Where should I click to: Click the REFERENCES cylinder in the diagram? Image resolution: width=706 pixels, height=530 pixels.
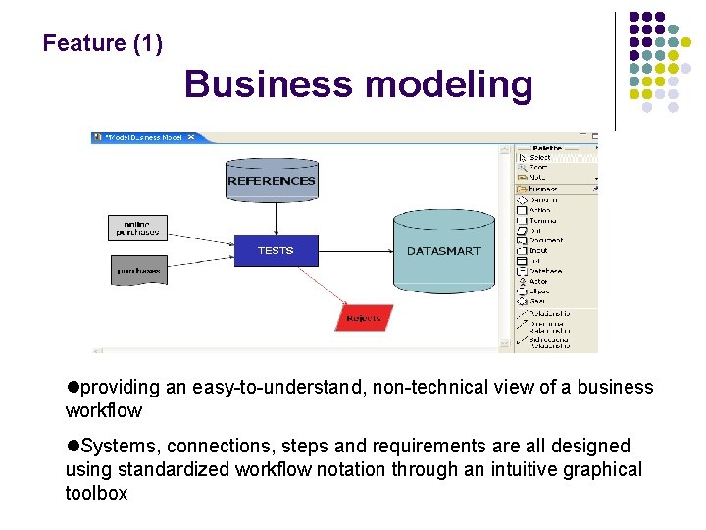[272, 180]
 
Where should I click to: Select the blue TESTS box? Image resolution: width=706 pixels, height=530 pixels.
[276, 250]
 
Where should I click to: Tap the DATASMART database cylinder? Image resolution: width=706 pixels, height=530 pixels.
[443, 250]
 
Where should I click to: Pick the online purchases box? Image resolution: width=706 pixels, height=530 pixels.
[137, 228]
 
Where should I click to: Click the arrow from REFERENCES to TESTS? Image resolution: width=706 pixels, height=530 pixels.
[274, 219]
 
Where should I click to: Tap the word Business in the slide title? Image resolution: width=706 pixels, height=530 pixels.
[268, 84]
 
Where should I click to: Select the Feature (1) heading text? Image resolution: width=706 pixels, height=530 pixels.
[103, 44]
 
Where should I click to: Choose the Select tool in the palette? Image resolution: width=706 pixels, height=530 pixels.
[540, 157]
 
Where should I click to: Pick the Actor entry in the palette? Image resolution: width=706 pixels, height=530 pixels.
[539, 281]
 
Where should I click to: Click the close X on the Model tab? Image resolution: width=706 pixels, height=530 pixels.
[191, 138]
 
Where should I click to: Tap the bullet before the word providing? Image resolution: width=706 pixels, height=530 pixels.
[72, 387]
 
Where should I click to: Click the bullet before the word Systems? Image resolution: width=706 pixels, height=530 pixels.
[72, 446]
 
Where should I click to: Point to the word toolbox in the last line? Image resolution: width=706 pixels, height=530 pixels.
[96, 493]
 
